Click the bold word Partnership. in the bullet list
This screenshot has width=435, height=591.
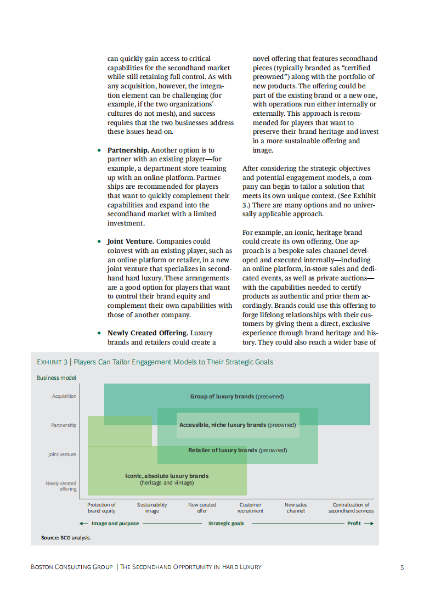tap(128, 150)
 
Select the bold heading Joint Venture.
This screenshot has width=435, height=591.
tap(131, 241)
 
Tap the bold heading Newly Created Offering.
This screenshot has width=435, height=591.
tap(148, 333)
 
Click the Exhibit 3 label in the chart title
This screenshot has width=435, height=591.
tap(52, 362)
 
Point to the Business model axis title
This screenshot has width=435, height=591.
tap(57, 378)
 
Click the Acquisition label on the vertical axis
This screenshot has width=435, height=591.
tap(64, 396)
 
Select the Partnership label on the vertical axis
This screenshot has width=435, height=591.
tap(64, 425)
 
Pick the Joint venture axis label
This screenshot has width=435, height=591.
tap(62, 454)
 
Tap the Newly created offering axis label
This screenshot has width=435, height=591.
tap(61, 486)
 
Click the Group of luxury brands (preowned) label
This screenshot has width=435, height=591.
tap(237, 396)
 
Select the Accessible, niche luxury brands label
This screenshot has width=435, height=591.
tap(238, 425)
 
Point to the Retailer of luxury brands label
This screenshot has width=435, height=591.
tap(238, 451)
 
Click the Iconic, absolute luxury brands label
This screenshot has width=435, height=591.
tap(167, 479)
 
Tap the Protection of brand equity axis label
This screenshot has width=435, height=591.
tap(101, 508)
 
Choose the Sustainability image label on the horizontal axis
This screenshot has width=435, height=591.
tap(152, 508)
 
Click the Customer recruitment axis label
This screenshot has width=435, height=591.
tap(250, 508)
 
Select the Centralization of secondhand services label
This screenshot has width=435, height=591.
tap(351, 508)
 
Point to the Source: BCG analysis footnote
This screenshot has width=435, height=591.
tap(66, 538)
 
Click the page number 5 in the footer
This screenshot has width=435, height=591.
tap(402, 567)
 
